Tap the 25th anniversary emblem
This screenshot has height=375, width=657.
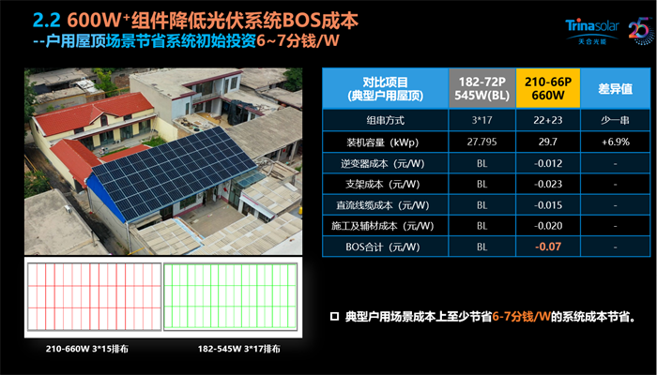[x=641, y=31]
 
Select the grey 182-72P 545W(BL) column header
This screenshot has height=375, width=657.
[x=481, y=88]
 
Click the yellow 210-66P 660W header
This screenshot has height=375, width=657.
[x=548, y=88]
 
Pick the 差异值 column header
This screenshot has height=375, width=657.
[x=615, y=88]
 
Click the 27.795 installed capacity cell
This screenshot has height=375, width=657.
[x=481, y=142]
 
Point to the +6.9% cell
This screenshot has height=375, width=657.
[x=615, y=142]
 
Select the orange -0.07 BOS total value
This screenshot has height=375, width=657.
[x=548, y=247]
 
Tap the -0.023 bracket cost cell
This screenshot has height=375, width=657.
[x=548, y=184]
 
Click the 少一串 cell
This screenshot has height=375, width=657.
[x=615, y=121]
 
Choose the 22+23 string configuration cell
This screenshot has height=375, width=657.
[x=548, y=121]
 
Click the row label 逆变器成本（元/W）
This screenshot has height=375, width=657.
[x=385, y=163]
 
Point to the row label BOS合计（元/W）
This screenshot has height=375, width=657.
[x=383, y=247]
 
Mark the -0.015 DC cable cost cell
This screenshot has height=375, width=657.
[x=548, y=205]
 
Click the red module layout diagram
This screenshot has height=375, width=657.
[x=94, y=296]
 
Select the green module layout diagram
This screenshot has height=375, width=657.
[x=230, y=296]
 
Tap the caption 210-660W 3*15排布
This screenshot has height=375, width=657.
[x=91, y=349]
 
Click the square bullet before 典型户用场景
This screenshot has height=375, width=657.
[x=334, y=317]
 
